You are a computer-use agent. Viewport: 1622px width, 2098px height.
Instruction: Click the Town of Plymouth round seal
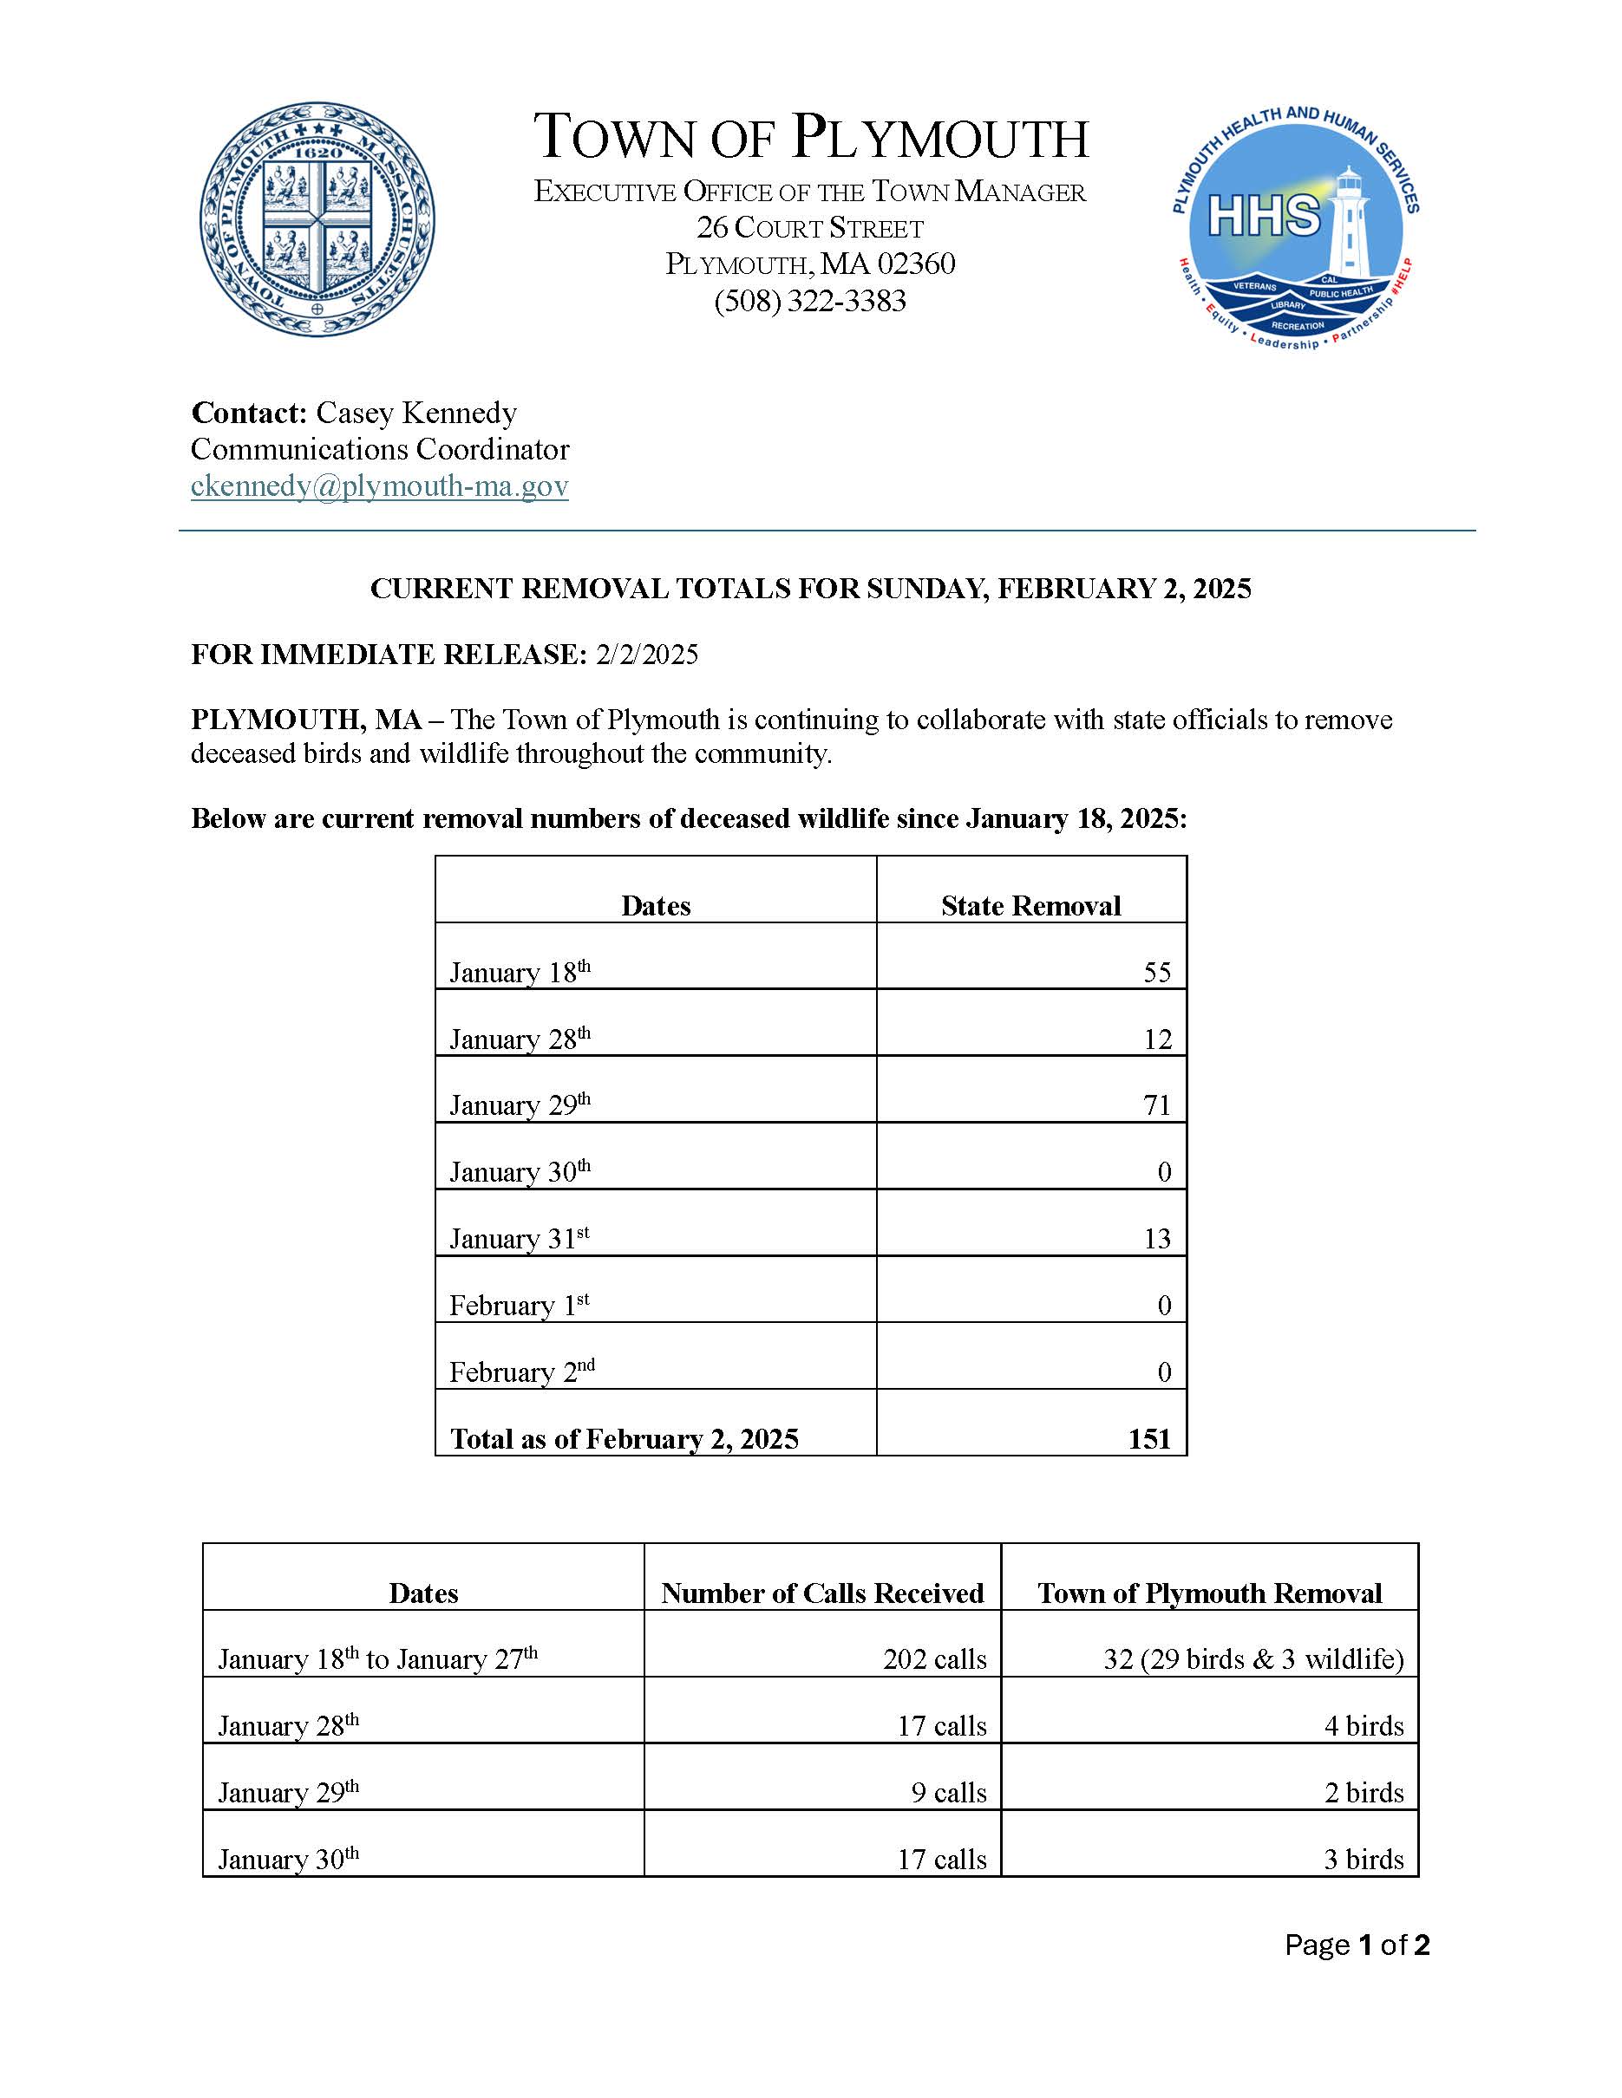tap(317, 220)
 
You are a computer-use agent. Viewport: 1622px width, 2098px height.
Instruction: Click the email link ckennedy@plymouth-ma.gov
tap(380, 486)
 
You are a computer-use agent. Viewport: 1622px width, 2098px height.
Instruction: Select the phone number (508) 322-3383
tap(810, 302)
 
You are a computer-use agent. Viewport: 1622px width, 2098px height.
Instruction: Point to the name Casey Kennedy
tap(416, 413)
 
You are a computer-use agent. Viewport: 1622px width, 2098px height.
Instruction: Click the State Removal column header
tap(1030, 906)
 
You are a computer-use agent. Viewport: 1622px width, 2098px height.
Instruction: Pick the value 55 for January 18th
tap(1157, 972)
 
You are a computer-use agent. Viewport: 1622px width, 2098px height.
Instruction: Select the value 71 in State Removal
tap(1157, 1104)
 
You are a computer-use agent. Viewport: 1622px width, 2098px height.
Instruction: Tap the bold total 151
tap(1149, 1438)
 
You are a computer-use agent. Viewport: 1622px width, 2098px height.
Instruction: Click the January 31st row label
tap(519, 1237)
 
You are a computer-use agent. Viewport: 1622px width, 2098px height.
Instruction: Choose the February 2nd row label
tap(522, 1371)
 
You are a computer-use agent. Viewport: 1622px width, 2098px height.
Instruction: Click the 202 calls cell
tap(934, 1659)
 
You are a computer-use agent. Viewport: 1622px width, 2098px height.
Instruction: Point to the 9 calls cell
tap(948, 1793)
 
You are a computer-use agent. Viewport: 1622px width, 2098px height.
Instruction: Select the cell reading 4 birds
tap(1364, 1726)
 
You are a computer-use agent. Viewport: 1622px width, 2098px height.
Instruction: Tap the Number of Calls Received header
tap(822, 1593)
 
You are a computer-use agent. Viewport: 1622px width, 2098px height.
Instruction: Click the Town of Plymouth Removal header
tap(1209, 1593)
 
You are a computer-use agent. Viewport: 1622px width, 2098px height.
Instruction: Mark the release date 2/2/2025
tap(647, 655)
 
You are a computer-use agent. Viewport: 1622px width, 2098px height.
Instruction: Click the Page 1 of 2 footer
tap(1357, 1945)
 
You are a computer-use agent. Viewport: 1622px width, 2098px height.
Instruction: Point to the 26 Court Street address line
tap(810, 228)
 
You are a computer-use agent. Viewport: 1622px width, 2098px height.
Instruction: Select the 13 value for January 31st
tap(1157, 1238)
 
